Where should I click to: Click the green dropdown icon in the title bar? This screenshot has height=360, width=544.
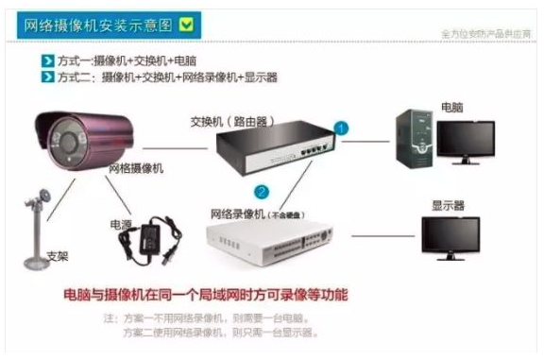[x=186, y=24]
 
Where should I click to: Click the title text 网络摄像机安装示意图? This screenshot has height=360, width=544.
[x=98, y=24]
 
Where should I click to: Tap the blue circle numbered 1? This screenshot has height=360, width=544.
[x=341, y=126]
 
